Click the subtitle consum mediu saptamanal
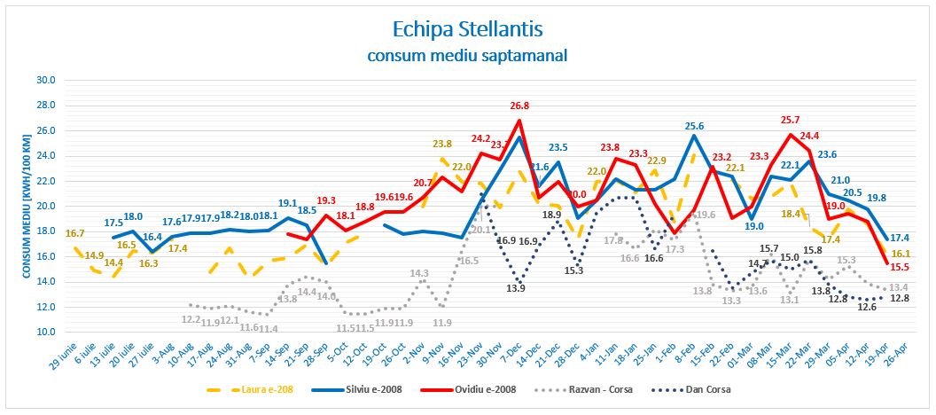click(467, 56)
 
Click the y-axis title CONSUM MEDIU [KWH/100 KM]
click(26, 206)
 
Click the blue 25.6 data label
click(694, 126)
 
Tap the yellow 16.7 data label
click(76, 234)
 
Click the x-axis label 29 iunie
click(60, 359)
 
